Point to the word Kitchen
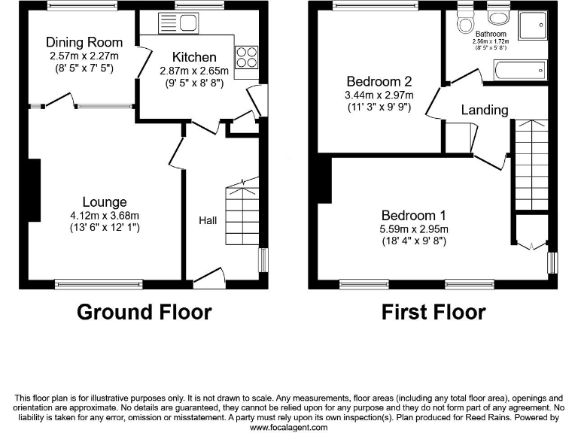[x=194, y=57]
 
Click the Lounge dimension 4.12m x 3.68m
[x=105, y=214]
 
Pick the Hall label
[x=208, y=220]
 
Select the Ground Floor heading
[x=144, y=311]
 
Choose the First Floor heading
[x=433, y=311]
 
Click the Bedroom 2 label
[x=378, y=81]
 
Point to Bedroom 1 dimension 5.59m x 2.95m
[x=414, y=229]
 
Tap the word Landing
[x=484, y=110]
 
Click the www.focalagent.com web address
[x=288, y=427]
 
